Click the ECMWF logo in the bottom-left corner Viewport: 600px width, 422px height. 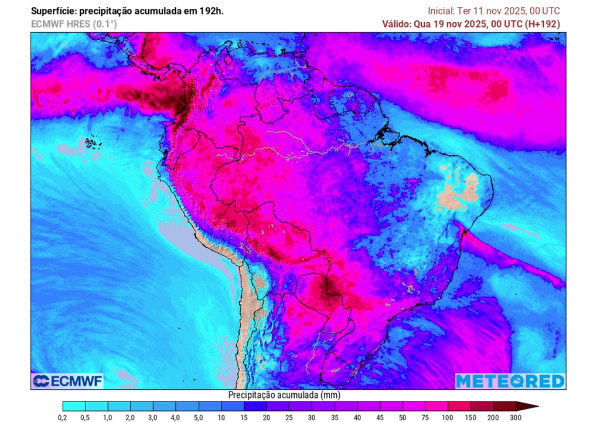(x=67, y=381)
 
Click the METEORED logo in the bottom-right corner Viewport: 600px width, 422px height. (x=510, y=381)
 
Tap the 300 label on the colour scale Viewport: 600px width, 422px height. (x=516, y=417)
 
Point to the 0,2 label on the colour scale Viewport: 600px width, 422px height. (x=63, y=417)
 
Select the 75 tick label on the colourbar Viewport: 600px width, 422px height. (x=425, y=417)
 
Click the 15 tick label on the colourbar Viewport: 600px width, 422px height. (x=244, y=417)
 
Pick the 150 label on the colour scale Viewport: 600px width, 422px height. (x=471, y=417)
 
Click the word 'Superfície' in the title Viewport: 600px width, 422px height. (x=53, y=11)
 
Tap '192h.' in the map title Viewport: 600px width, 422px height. (x=212, y=11)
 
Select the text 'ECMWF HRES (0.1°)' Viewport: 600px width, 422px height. (x=74, y=24)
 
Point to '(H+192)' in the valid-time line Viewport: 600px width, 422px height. (x=543, y=24)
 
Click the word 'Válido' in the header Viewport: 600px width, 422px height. (x=397, y=24)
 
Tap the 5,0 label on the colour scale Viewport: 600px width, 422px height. (x=199, y=417)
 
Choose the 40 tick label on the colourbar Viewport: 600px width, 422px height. (x=357, y=417)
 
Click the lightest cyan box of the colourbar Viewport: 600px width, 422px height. (x=74, y=406)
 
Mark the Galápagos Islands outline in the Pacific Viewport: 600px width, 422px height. (x=90, y=142)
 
